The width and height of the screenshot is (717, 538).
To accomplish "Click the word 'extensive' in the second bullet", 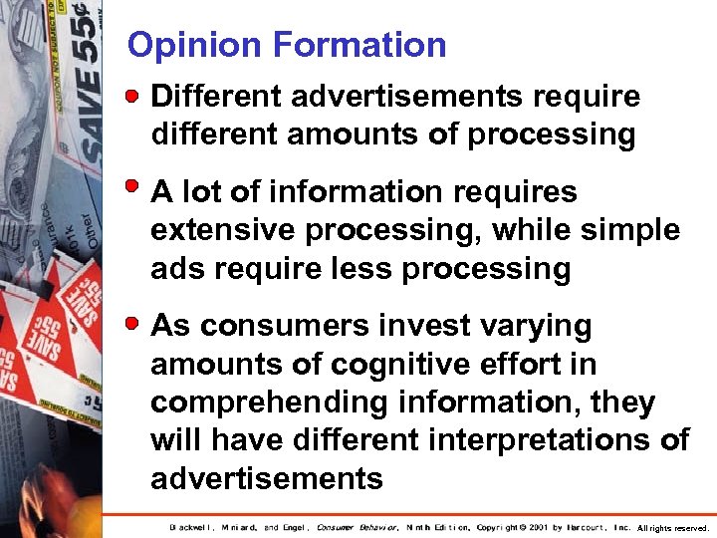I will point(224,230).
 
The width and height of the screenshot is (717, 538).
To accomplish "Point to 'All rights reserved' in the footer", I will point(673,527).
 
